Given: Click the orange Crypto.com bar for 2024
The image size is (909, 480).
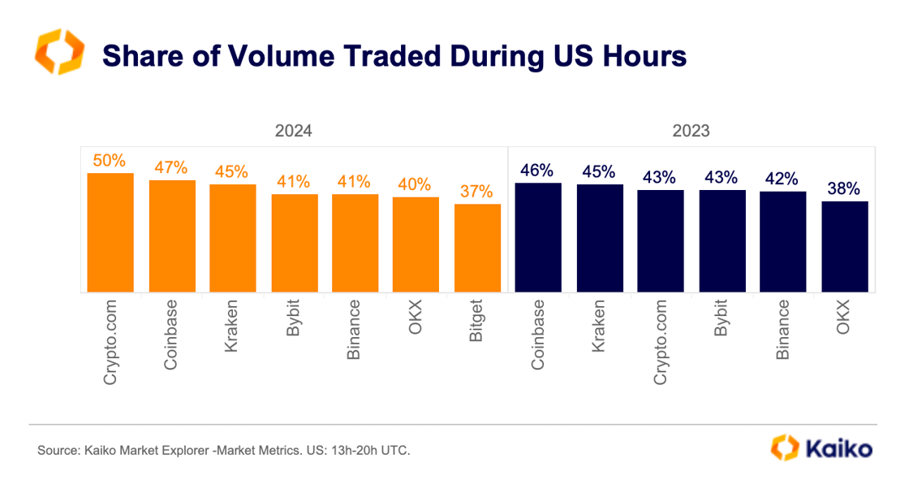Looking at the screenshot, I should [110, 232].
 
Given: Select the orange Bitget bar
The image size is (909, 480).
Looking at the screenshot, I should [477, 248].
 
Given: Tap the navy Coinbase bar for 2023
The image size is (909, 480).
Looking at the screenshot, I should [538, 237].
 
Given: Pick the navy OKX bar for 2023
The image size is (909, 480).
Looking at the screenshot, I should [845, 246].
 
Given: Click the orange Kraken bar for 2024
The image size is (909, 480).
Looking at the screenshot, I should [233, 238].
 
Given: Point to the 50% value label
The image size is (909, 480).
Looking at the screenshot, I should [110, 160].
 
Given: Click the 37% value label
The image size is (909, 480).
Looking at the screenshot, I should [477, 192].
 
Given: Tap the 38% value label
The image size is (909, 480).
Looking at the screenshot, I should [845, 188].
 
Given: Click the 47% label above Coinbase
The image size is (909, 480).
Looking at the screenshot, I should [171, 168].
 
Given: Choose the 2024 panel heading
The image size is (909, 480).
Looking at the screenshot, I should [293, 131].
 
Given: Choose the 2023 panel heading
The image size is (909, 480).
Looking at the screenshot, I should [691, 131].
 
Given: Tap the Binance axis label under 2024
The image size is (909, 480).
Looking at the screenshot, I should [355, 331].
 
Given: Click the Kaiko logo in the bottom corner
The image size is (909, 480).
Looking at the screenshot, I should [821, 448].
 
